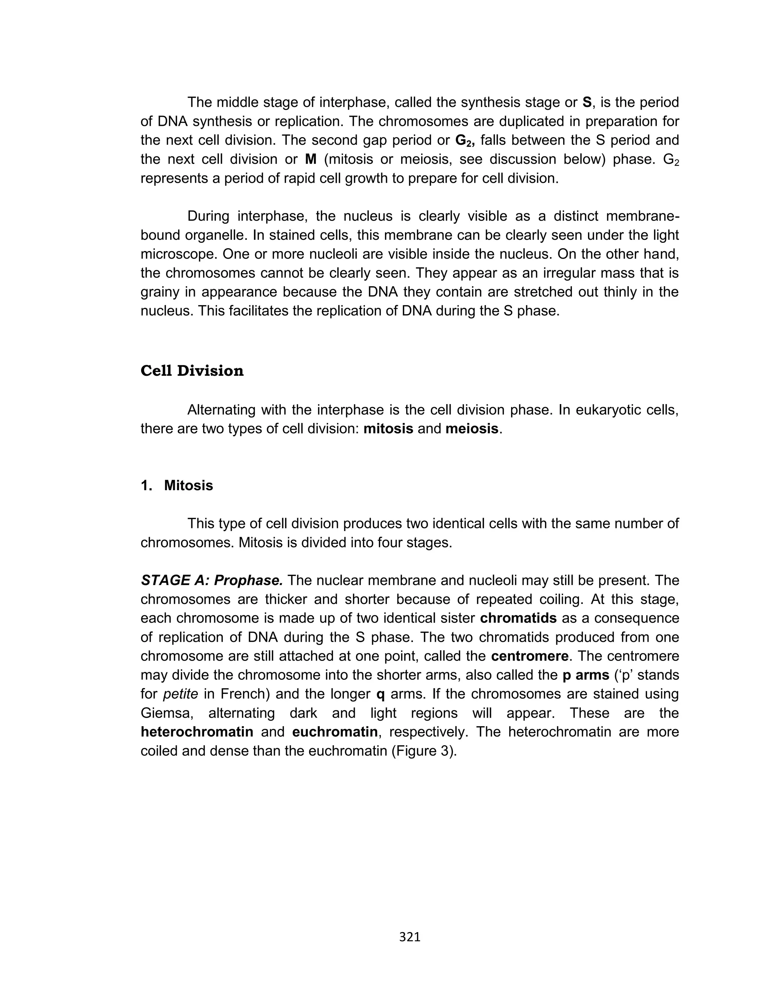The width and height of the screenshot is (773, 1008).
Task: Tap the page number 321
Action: click(410, 937)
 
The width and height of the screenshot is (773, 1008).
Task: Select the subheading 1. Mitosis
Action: click(177, 486)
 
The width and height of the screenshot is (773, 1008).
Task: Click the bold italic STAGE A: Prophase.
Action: click(212, 580)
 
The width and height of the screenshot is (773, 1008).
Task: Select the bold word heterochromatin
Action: click(197, 732)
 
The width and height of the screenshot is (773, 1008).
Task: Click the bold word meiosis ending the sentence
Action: click(472, 429)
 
